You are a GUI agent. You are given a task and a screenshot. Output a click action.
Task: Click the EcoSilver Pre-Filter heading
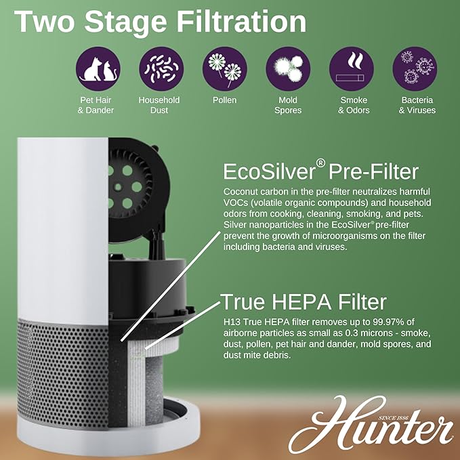tap(321, 170)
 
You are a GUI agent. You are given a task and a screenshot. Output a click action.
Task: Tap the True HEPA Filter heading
tap(304, 301)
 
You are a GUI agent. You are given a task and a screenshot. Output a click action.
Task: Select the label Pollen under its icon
tap(224, 100)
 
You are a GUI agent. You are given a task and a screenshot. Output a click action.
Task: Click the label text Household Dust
tap(159, 105)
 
